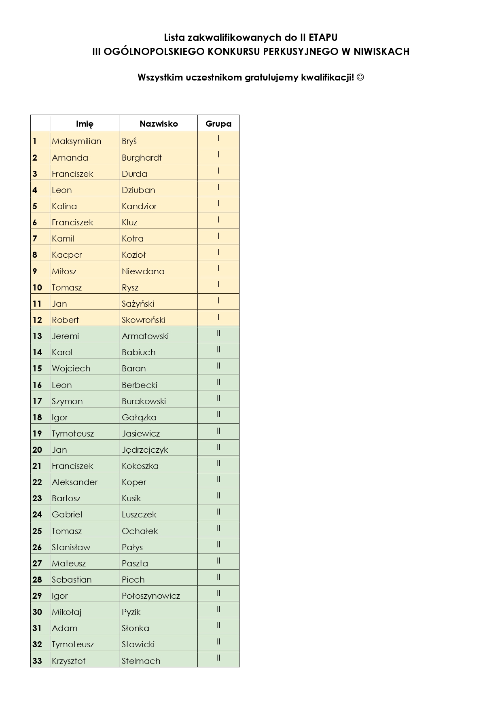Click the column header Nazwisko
[159, 124]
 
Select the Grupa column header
[218, 124]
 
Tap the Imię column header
[85, 124]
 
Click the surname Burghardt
[142, 158]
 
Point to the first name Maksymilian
[76, 141]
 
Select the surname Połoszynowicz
[150, 596]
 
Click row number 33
[37, 661]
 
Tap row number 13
[37, 336]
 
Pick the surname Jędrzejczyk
[145, 450]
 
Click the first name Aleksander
[74, 482]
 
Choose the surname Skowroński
[143, 320]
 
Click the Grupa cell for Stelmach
[218, 658]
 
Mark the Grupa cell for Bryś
[218, 138]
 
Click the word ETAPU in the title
[323, 38]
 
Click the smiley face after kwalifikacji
[360, 77]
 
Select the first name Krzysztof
[68, 661]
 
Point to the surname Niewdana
[143, 271]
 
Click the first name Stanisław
[71, 547]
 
